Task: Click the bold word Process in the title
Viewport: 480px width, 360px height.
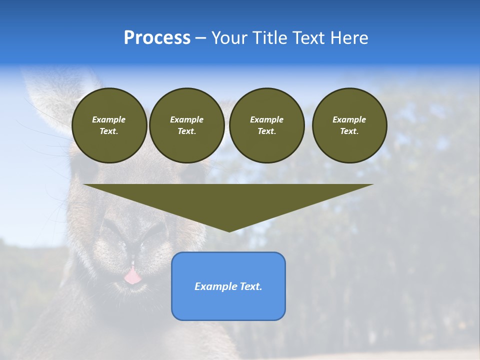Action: tap(157, 38)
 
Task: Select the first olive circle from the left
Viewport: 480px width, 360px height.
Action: tap(109, 125)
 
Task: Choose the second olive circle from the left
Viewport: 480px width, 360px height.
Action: tap(186, 125)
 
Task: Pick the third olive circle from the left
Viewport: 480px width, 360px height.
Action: tap(266, 125)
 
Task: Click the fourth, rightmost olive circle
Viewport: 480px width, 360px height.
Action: tap(349, 125)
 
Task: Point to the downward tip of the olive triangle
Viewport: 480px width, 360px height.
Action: tap(229, 230)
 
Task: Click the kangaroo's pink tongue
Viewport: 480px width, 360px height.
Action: tap(132, 276)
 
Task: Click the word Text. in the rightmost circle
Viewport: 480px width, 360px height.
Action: tap(349, 131)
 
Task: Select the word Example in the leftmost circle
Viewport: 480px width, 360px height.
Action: tap(109, 119)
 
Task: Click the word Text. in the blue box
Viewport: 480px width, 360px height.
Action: tap(251, 286)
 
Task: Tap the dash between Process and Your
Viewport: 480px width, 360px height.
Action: tap(200, 38)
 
